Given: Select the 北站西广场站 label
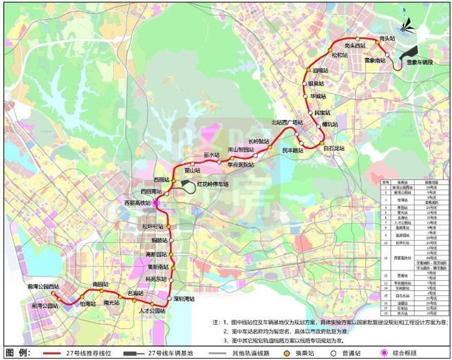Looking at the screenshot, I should tap(287, 122).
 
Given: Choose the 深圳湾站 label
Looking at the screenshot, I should tap(188, 298).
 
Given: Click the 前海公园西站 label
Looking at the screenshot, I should tap(45, 287).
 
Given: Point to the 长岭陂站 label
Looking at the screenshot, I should tap(258, 141).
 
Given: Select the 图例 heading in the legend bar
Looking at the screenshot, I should tap(18, 352).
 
